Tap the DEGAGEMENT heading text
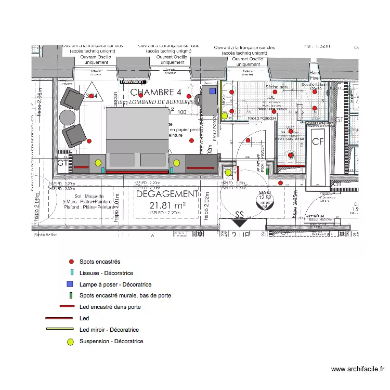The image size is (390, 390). [166, 193]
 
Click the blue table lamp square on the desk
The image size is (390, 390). [213, 91]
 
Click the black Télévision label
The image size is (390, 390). [133, 82]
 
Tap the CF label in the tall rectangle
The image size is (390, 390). [318, 141]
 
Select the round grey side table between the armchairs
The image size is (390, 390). [68, 117]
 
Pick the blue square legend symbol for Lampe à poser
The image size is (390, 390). [70, 284]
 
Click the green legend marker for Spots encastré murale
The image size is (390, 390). [70, 295]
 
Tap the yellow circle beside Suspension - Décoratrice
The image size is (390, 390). [70, 342]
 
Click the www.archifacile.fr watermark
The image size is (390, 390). [358, 369]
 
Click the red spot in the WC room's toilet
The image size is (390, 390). [290, 154]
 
